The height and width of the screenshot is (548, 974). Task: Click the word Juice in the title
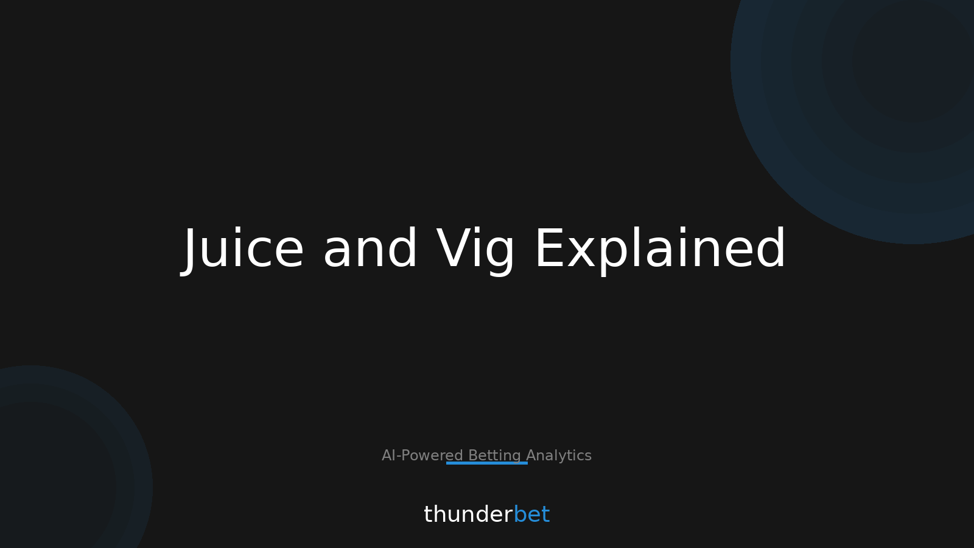point(243,249)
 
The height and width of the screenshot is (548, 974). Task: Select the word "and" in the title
point(370,249)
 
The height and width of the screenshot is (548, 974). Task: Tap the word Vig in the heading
point(475,249)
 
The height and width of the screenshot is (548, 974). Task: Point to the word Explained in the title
point(660,249)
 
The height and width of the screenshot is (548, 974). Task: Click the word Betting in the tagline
point(494,455)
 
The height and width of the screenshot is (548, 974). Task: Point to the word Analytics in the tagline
point(559,455)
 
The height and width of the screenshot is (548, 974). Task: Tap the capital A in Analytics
point(531,455)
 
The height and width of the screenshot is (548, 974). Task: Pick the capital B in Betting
point(472,455)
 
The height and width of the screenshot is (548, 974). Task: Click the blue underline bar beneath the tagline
point(487,463)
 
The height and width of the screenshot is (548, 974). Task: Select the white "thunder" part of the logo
point(468,515)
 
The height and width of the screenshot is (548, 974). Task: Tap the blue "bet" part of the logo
point(531,515)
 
